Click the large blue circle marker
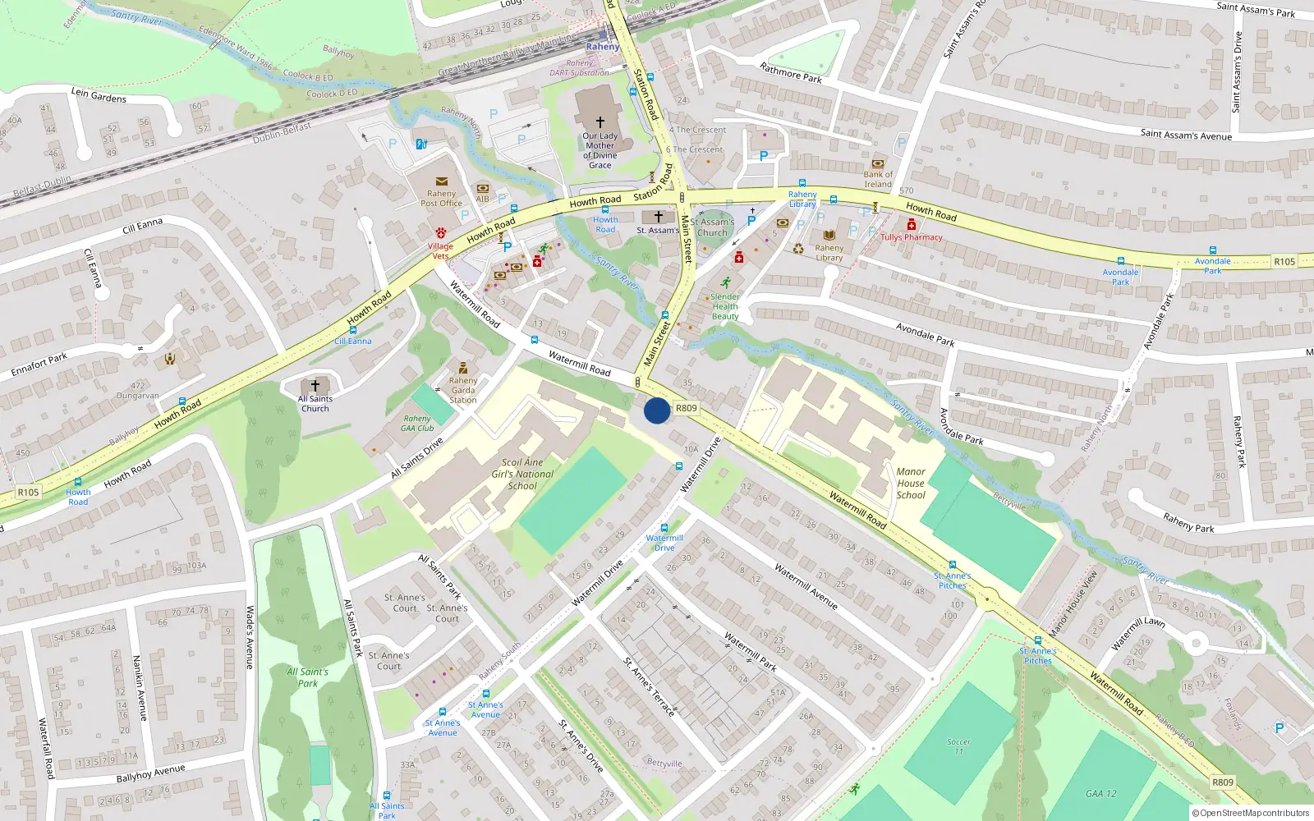tap(657, 410)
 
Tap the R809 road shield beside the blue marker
tap(687, 408)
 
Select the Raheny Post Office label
tap(441, 199)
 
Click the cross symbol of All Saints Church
tap(315, 385)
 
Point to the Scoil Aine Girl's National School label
tap(522, 475)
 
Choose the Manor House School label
tap(911, 484)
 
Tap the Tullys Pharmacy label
tap(912, 237)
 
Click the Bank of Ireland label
tap(878, 179)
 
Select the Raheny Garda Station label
tap(463, 390)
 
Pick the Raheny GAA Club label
tap(417, 424)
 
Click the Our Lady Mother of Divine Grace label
tap(600, 150)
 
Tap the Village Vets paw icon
tap(441, 233)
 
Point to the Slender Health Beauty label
tap(725, 306)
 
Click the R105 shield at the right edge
tap(1284, 262)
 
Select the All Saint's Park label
tap(308, 677)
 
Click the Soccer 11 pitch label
tap(958, 746)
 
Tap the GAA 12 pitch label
tap(1100, 794)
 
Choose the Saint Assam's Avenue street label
tap(1186, 135)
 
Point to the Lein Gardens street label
tap(99, 95)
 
